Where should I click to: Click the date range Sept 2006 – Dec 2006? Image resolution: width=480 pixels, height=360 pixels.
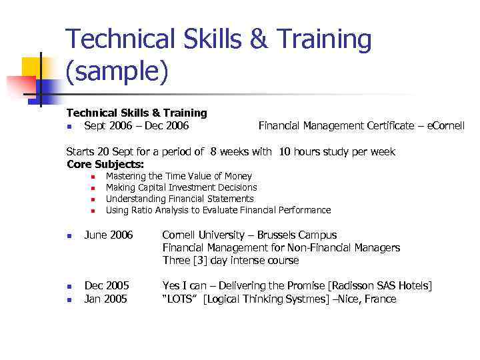pyautogui.click(x=136, y=125)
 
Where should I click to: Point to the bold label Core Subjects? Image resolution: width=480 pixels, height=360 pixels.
pyautogui.click(x=105, y=164)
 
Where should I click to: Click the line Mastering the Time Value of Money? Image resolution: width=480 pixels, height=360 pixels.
pyautogui.click(x=179, y=176)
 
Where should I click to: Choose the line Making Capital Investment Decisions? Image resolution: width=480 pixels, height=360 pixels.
pyautogui.click(x=181, y=187)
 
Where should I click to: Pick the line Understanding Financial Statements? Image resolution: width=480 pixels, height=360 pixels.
pyautogui.click(x=180, y=199)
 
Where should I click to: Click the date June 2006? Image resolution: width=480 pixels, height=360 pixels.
pyautogui.click(x=109, y=235)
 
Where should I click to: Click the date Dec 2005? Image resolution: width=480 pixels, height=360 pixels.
pyautogui.click(x=107, y=286)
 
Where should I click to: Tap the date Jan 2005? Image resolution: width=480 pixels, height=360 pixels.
pyautogui.click(x=105, y=299)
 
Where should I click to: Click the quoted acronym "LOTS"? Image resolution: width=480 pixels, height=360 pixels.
pyautogui.click(x=181, y=299)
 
